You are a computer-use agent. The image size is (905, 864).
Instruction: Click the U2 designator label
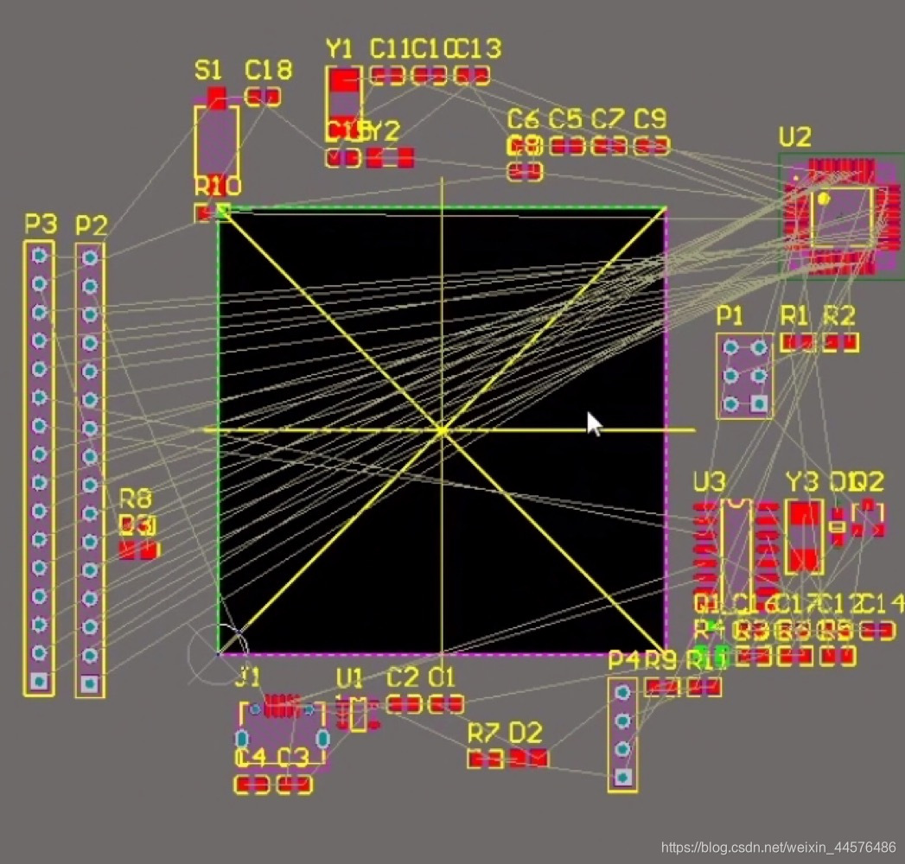pyautogui.click(x=794, y=137)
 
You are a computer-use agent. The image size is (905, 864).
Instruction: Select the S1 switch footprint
pyautogui.click(x=216, y=138)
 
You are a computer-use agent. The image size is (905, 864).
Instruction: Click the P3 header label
pyautogui.click(x=40, y=226)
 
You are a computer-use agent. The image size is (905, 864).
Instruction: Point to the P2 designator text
pyautogui.click(x=91, y=226)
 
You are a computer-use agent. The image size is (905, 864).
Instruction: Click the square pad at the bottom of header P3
pyautogui.click(x=38, y=681)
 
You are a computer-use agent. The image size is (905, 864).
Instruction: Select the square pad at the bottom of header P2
pyautogui.click(x=89, y=683)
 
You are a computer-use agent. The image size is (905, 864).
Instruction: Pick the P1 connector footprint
pyautogui.click(x=744, y=376)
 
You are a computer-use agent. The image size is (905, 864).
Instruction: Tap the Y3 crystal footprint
pyautogui.click(x=804, y=536)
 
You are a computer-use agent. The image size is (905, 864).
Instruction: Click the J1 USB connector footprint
pyautogui.click(x=282, y=730)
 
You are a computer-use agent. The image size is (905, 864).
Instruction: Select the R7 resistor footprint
pyautogui.click(x=485, y=759)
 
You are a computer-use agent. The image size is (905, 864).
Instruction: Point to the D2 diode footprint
pyautogui.click(x=527, y=759)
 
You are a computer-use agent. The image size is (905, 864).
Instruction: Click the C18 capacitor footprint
pyautogui.click(x=263, y=96)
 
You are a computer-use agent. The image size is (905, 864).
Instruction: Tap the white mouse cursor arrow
pyautogui.click(x=594, y=423)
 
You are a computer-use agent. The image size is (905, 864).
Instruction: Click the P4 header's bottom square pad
pyautogui.click(x=621, y=777)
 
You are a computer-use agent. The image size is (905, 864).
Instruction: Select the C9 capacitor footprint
pyautogui.click(x=651, y=146)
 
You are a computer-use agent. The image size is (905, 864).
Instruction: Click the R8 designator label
pyautogui.click(x=135, y=498)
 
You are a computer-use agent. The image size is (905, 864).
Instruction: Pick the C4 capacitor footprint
pyautogui.click(x=252, y=785)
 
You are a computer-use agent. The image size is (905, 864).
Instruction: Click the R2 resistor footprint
pyautogui.click(x=840, y=342)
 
